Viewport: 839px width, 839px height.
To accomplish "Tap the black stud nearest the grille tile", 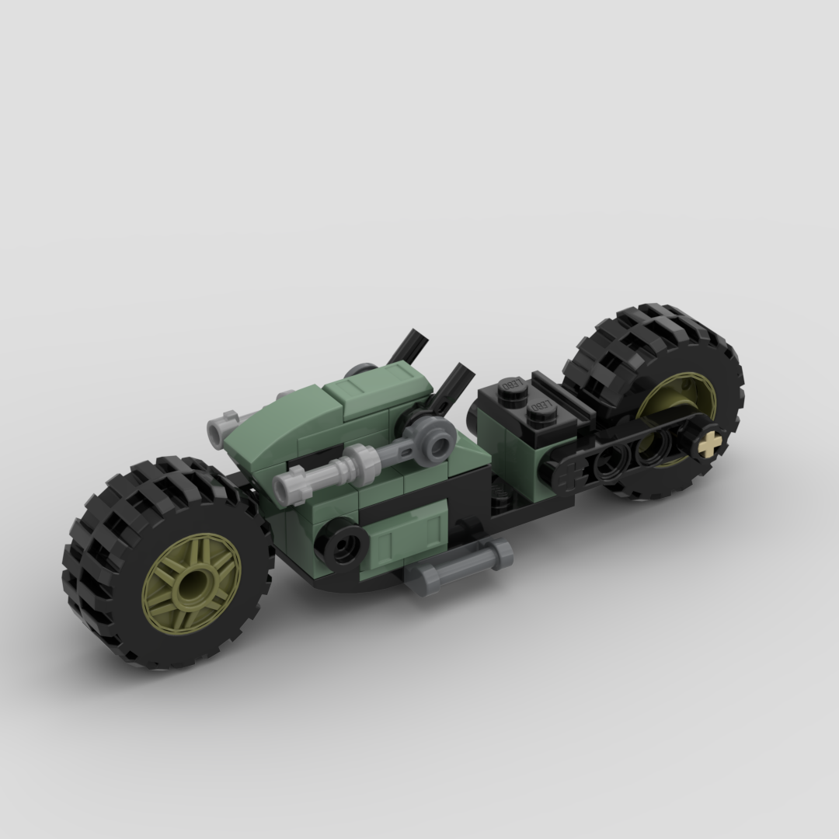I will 538,409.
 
